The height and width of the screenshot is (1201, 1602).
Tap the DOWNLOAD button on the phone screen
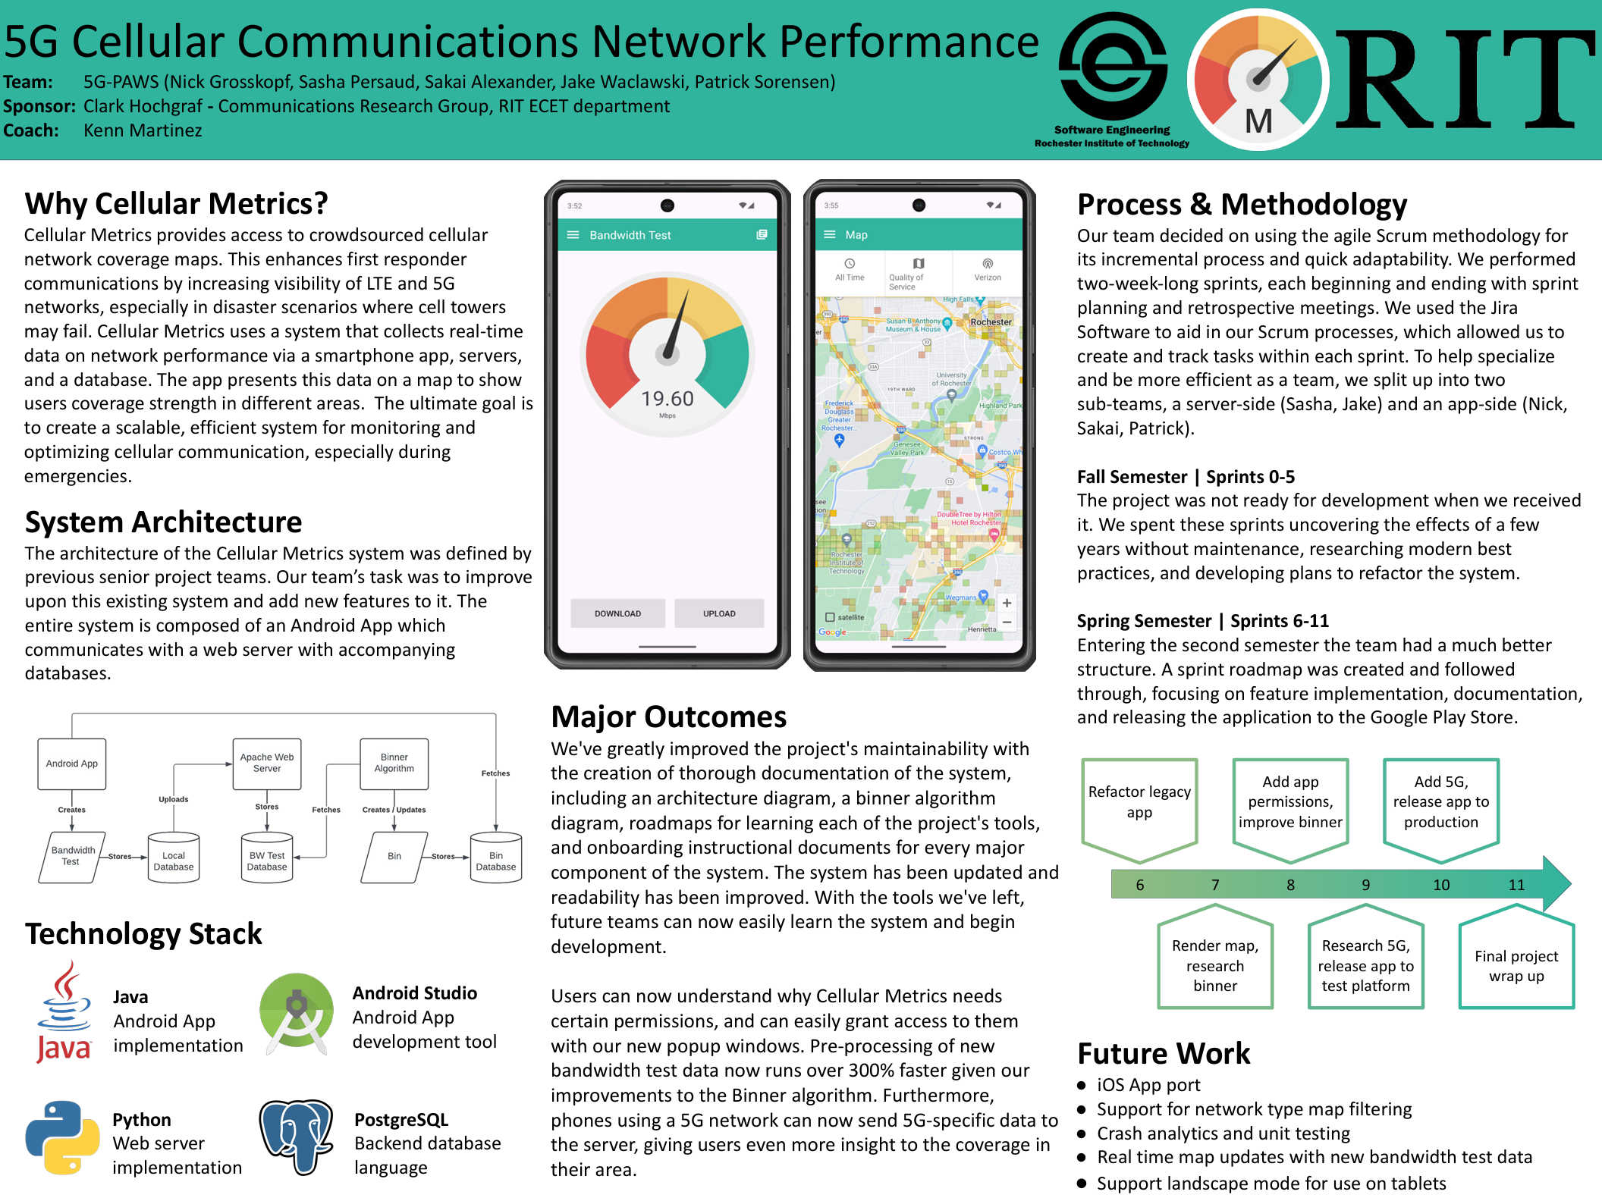[617, 613]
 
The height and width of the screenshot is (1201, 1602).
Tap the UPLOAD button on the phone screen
[718, 613]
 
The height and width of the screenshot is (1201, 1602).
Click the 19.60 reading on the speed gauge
[667, 399]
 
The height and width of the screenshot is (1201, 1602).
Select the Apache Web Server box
[266, 763]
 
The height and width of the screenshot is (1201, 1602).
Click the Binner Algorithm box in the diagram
[394, 763]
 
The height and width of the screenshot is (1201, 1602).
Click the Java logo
[64, 1012]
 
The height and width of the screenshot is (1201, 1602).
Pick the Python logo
[62, 1137]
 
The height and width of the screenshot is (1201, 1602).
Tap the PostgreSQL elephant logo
[297, 1137]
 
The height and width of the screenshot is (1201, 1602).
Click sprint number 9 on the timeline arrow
[1365, 885]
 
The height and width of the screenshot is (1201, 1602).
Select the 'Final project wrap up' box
[1516, 965]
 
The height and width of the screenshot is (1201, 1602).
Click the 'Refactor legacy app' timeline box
[1139, 802]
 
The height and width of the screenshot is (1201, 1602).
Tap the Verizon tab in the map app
[987, 270]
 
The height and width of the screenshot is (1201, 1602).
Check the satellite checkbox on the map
[830, 617]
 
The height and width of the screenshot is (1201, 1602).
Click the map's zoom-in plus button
[1007, 604]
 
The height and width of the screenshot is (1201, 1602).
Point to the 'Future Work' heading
[1164, 1053]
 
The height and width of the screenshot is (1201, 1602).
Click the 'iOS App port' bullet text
[1148, 1085]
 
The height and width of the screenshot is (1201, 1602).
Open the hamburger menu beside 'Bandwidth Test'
[573, 235]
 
